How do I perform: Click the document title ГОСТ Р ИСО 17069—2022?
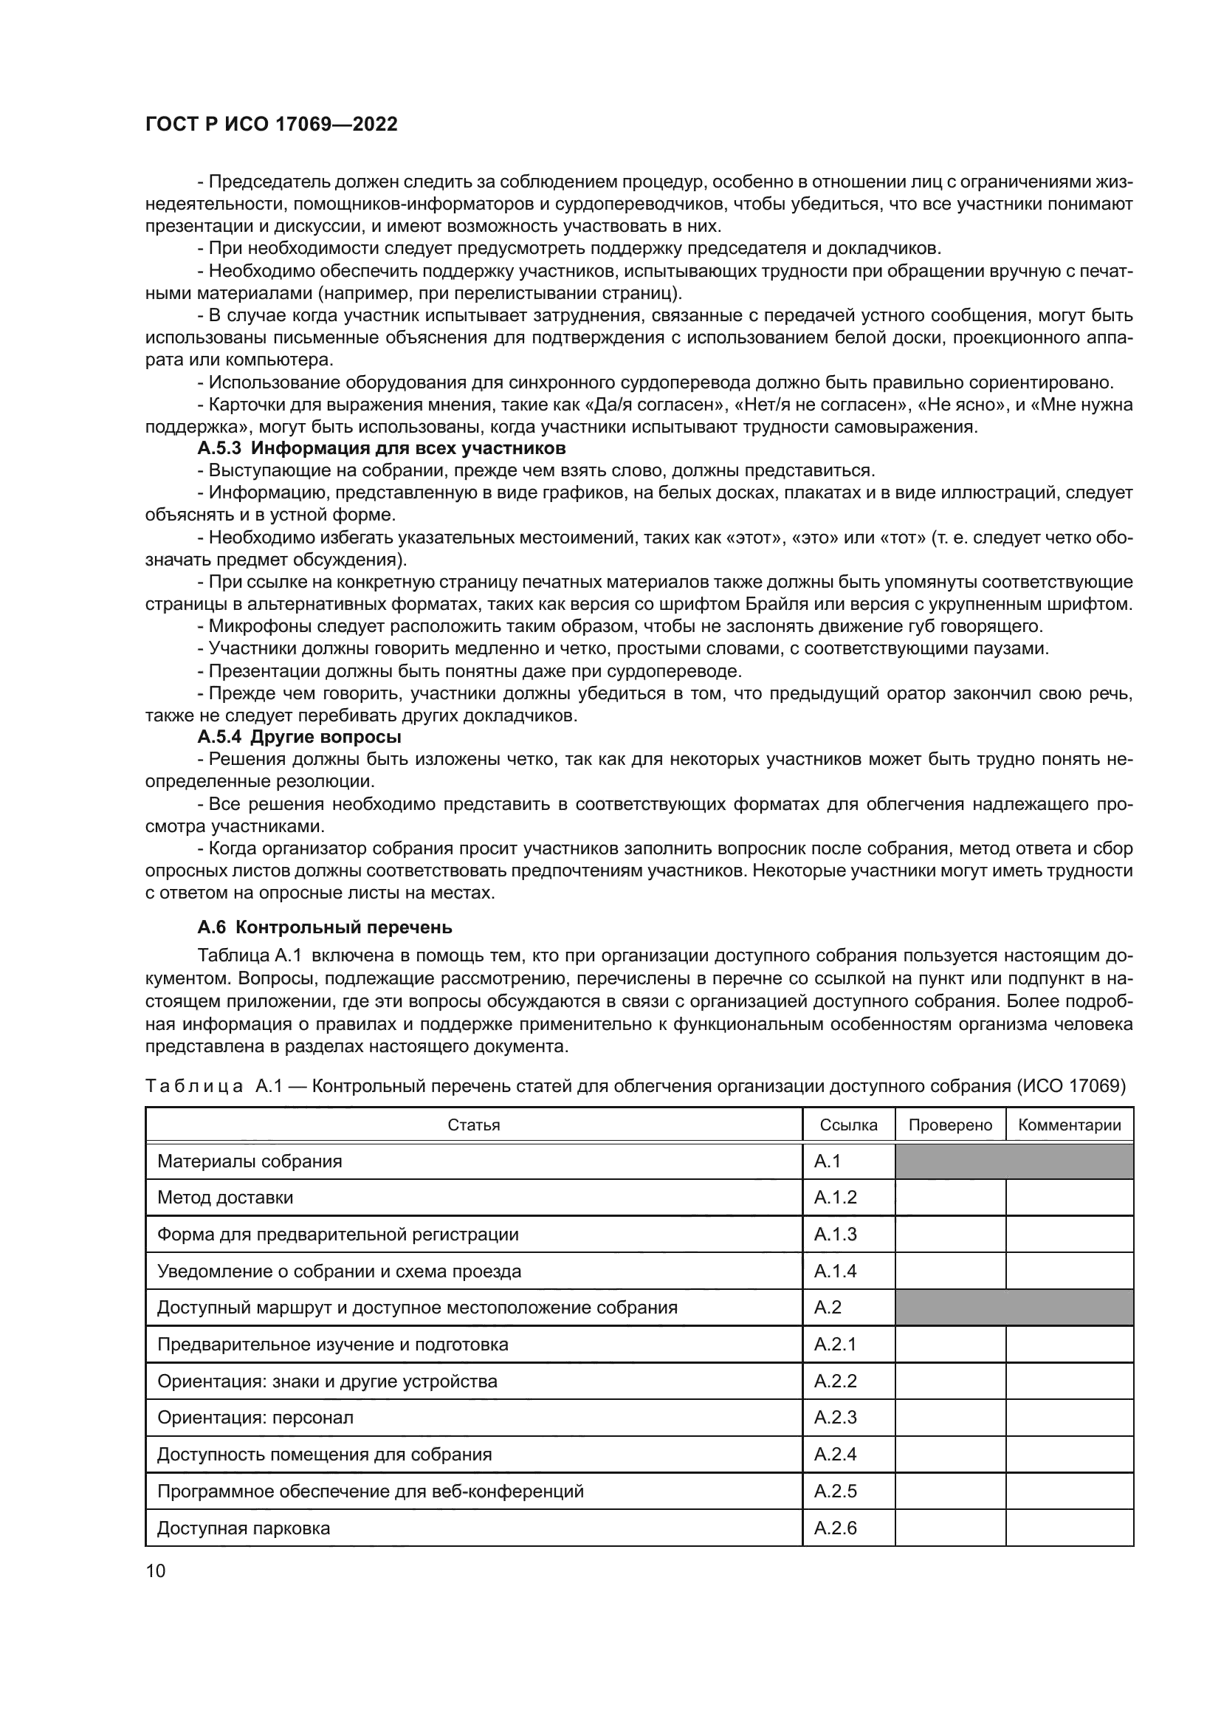tap(271, 124)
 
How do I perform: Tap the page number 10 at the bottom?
tap(155, 1570)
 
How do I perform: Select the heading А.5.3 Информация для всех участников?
tap(381, 449)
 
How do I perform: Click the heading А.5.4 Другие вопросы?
tap(299, 736)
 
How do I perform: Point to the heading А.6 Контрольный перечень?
tap(325, 927)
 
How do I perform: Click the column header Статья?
tap(474, 1125)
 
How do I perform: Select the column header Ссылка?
tap(848, 1125)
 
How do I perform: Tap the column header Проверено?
tap(949, 1125)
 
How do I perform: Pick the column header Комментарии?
tap(1069, 1125)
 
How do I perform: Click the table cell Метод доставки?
tap(225, 1198)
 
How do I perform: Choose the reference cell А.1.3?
tap(836, 1235)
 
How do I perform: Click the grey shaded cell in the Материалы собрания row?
tap(1014, 1161)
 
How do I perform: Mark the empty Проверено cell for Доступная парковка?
tap(949, 1528)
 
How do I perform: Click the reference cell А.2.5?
tap(836, 1491)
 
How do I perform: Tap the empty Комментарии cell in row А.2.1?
tap(1069, 1345)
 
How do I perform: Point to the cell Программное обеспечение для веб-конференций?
tap(370, 1491)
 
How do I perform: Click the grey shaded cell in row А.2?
tap(1014, 1308)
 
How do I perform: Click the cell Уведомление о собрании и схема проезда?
tap(339, 1271)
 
